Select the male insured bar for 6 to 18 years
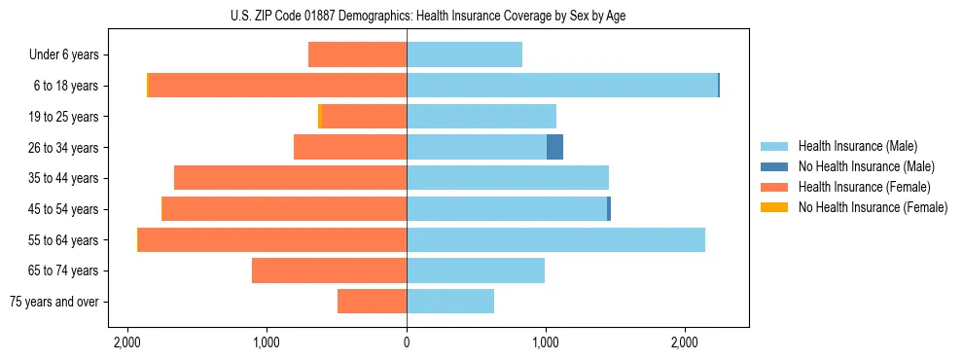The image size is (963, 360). (562, 86)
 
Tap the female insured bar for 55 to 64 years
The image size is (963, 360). (272, 239)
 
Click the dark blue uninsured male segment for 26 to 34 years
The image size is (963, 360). (554, 147)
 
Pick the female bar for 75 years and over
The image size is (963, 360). (372, 302)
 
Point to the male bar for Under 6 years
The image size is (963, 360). (464, 54)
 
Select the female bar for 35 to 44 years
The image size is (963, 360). (290, 178)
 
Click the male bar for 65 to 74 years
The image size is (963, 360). (476, 270)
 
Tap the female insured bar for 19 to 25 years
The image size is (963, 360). (364, 117)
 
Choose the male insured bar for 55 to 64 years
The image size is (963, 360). (555, 239)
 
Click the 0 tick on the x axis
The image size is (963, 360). (407, 343)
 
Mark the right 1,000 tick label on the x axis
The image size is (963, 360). (546, 343)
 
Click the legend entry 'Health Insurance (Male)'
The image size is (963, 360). (857, 146)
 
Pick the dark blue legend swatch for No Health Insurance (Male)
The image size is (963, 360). (774, 166)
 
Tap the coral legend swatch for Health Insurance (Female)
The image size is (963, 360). (774, 187)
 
